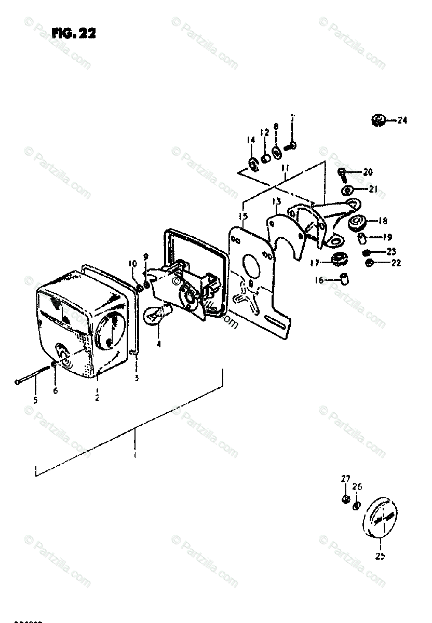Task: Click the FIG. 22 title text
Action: pos(74,34)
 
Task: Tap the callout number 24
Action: pos(402,120)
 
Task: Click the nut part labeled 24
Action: pos(379,121)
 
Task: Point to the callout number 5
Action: pos(35,400)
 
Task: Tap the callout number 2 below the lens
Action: pos(97,398)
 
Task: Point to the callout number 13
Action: pos(276,201)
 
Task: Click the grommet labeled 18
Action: pos(357,223)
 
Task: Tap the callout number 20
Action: pos(368,172)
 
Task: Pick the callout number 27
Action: pos(345,479)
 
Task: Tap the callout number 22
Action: pos(396,263)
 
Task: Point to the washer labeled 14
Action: pos(254,165)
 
